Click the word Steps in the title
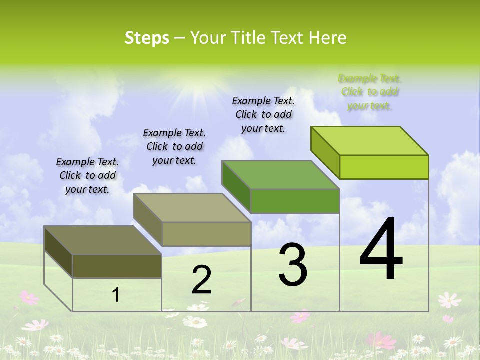[147, 38]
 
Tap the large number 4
[381, 250]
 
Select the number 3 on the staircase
[293, 265]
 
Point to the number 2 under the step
[201, 280]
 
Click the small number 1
[116, 295]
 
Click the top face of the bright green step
[370, 140]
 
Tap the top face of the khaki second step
[192, 207]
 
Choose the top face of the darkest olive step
[103, 240]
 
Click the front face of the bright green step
[384, 167]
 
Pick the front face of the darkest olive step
[117, 266]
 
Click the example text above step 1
[87, 175]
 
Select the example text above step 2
[174, 146]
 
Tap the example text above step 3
[263, 114]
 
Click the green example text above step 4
[369, 92]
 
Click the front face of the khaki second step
[206, 234]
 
